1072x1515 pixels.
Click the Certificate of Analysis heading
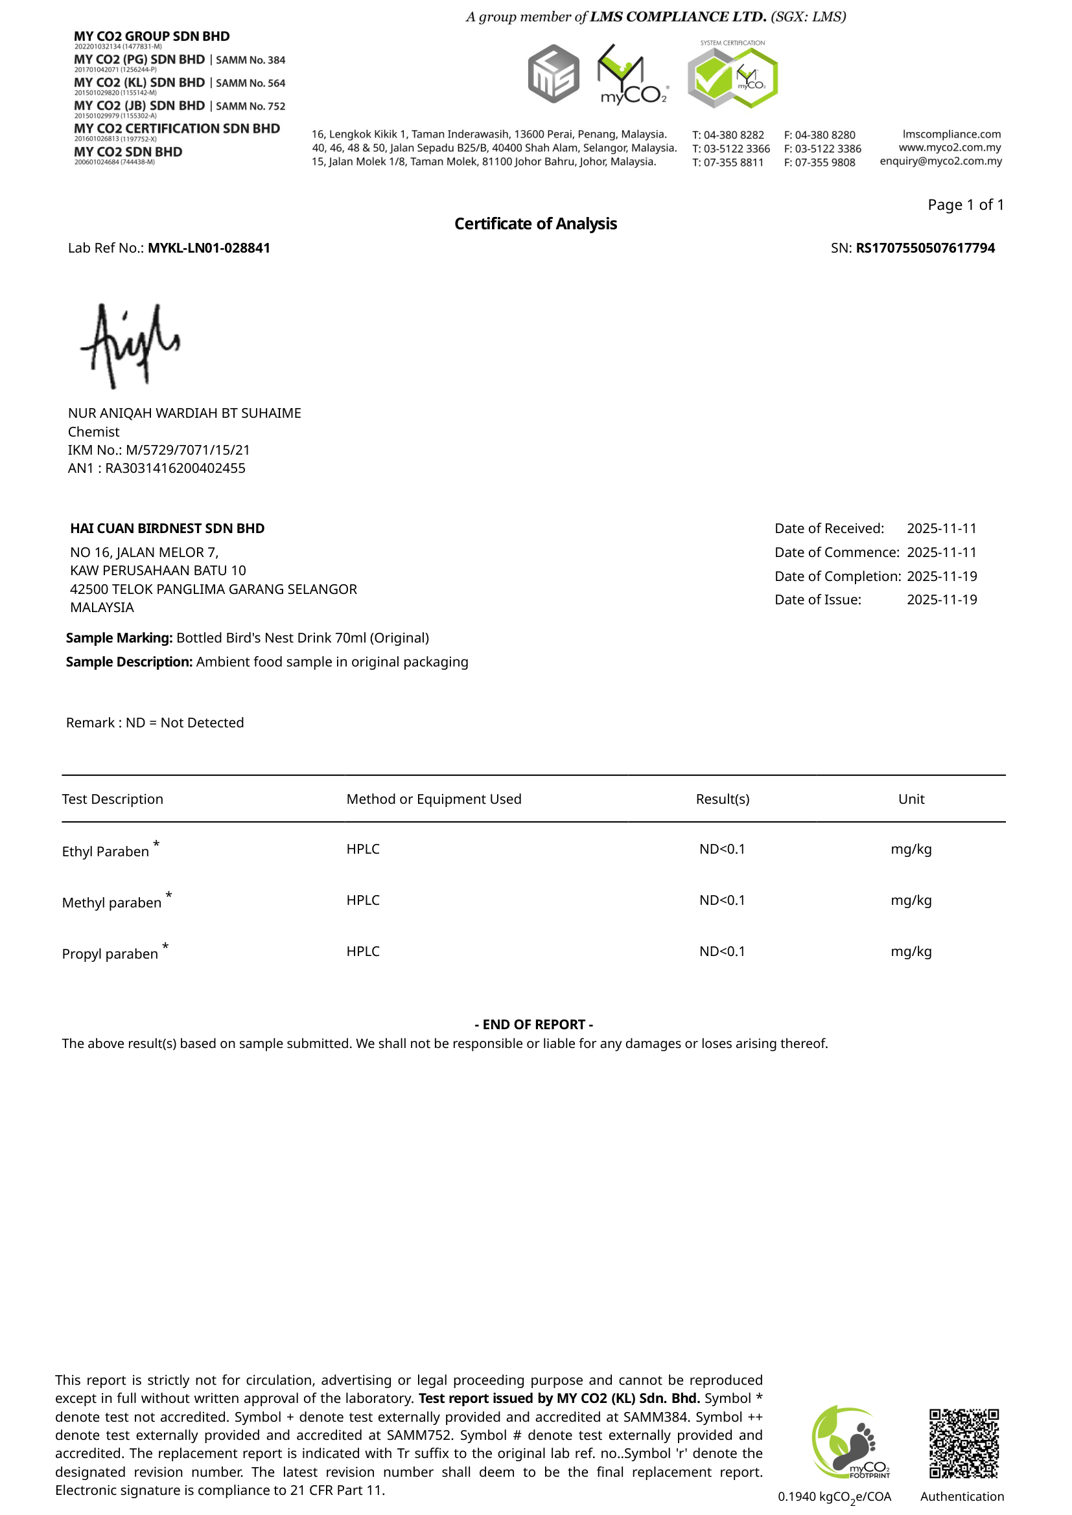[535, 223]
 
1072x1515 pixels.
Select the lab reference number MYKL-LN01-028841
[209, 248]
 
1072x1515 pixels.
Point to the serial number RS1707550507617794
[925, 248]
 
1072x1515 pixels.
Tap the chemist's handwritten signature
[130, 345]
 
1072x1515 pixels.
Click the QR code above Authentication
[964, 1443]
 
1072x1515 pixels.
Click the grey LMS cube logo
[553, 74]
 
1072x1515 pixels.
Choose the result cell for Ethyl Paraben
[722, 849]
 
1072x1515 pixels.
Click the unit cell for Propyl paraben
[911, 951]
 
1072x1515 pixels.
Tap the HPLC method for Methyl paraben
[363, 900]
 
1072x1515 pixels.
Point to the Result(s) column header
[722, 799]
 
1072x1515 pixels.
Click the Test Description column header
[112, 799]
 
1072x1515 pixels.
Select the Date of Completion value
[941, 576]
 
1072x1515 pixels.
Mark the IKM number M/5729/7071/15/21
[187, 450]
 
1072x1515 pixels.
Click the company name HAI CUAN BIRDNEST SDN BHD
[167, 529]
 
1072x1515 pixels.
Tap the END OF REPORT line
[533, 1024]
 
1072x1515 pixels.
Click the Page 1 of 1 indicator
[965, 205]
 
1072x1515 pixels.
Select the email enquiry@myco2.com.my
[940, 161]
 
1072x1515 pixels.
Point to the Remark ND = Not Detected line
[155, 723]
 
